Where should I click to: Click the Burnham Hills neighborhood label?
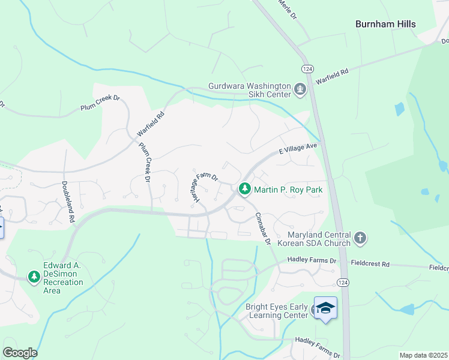(385, 24)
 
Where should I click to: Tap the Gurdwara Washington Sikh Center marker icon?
(300, 90)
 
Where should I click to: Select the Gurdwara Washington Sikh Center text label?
(250, 90)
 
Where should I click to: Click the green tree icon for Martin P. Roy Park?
(244, 190)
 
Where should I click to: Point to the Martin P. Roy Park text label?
(288, 190)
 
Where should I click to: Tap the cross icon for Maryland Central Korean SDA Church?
(360, 238)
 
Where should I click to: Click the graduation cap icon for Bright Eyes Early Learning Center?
(325, 308)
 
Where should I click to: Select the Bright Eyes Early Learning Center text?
(277, 311)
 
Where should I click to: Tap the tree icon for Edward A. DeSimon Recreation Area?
(34, 277)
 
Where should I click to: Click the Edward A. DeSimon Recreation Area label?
(68, 277)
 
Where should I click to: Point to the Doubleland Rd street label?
(67, 202)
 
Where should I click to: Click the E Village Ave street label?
(297, 148)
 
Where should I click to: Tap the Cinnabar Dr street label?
(262, 229)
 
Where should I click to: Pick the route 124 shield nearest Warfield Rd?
(307, 69)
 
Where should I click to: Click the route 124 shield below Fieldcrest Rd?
(341, 282)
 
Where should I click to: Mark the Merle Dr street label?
(288, 9)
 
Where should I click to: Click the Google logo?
(20, 353)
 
